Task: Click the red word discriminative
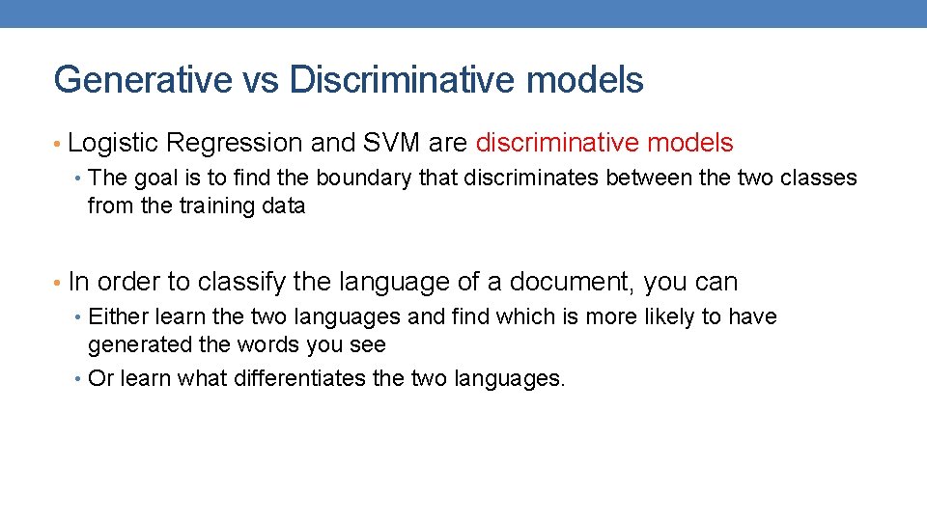[x=553, y=144]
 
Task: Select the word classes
[x=818, y=178]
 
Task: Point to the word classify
[x=241, y=283]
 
